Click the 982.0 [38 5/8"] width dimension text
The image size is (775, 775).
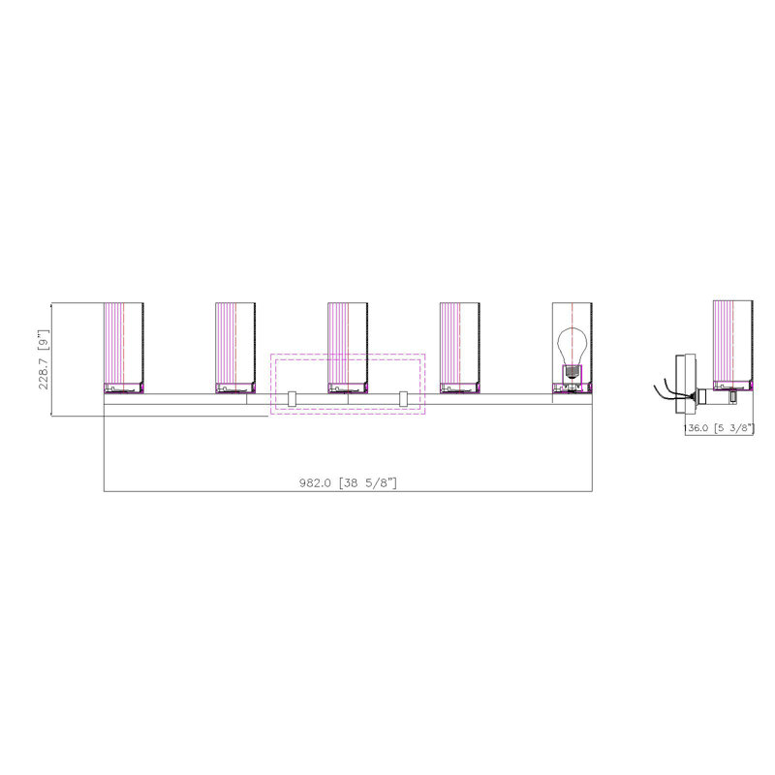click(x=348, y=482)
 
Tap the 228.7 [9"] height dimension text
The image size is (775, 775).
click(x=44, y=359)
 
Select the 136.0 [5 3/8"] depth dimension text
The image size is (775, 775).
click(x=719, y=428)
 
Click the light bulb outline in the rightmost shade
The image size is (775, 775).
click(x=573, y=347)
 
